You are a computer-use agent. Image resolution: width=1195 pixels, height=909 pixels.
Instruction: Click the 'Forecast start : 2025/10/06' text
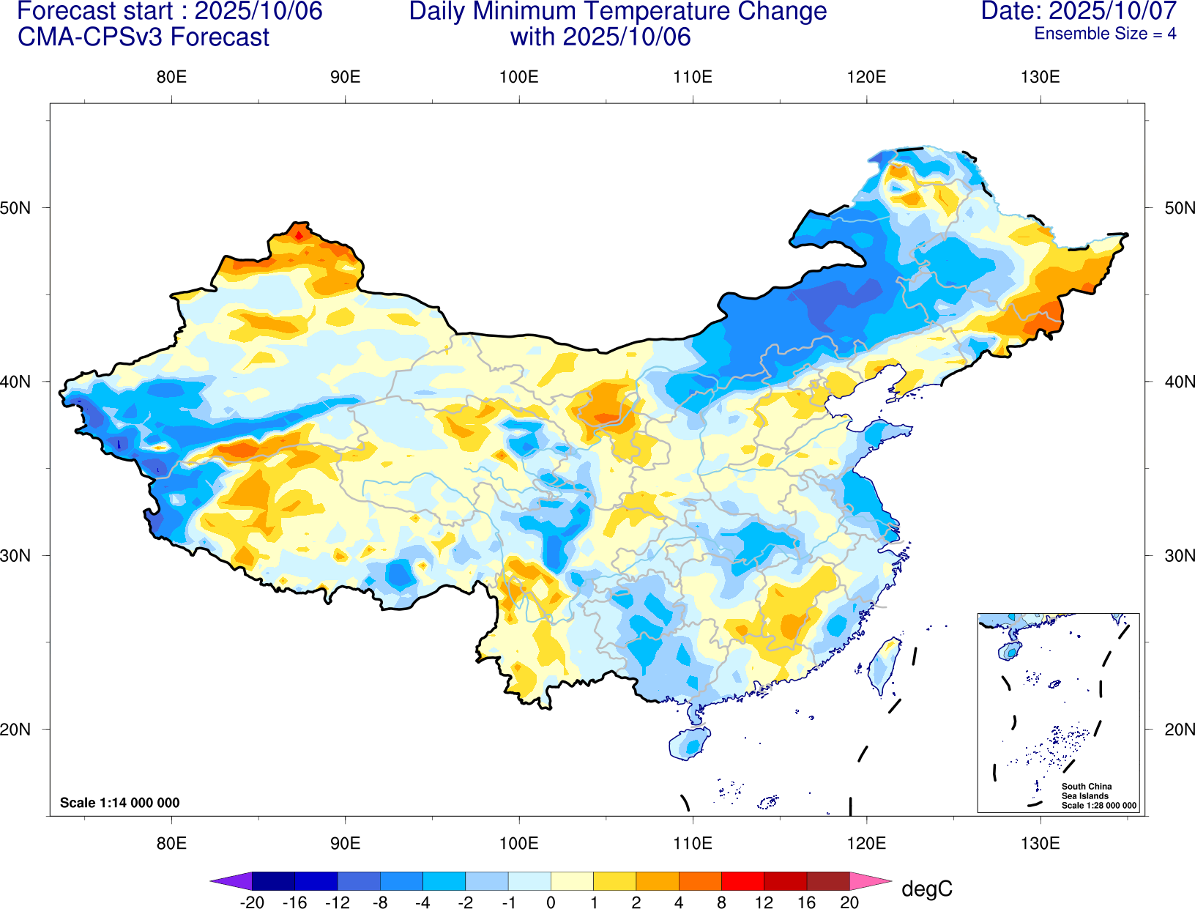click(169, 12)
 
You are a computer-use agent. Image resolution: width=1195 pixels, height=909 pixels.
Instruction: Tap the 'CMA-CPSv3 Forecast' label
click(144, 37)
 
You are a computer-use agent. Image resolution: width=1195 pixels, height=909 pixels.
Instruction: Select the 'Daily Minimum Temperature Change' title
click(617, 12)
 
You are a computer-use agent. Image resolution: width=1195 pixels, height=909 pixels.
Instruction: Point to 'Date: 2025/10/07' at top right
click(1079, 12)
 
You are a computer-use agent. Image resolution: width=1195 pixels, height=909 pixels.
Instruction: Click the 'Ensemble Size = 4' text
click(1105, 34)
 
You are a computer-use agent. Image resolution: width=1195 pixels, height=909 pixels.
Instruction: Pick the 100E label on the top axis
click(518, 78)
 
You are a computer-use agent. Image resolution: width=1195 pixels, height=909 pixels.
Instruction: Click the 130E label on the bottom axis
click(1040, 843)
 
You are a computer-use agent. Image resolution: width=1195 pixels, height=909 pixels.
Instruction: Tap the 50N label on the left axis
click(16, 208)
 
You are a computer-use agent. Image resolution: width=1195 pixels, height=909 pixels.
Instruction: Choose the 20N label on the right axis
click(1179, 730)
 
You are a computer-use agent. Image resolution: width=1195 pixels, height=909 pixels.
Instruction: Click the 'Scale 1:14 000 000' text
click(119, 803)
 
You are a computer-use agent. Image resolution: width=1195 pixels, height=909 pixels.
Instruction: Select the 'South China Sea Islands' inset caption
click(1086, 791)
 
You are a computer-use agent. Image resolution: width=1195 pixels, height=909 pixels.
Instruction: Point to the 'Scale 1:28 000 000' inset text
click(1099, 806)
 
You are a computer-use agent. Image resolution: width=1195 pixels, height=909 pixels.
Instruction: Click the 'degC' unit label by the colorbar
click(927, 889)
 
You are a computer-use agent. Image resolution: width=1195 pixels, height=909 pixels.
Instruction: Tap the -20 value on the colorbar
click(252, 902)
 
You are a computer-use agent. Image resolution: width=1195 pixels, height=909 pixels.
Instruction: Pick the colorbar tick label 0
click(551, 902)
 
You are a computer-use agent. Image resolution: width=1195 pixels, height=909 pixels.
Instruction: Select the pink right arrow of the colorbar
click(871, 881)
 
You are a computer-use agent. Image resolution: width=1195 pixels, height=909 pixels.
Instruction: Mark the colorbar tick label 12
click(764, 902)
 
